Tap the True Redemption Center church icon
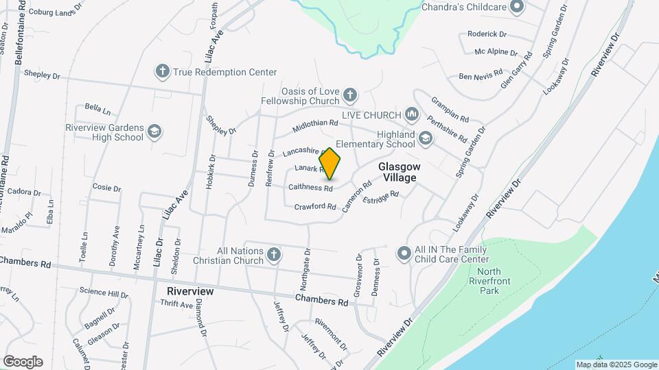tap(163, 71)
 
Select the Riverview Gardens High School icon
tap(155, 132)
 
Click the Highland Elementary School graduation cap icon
tap(426, 140)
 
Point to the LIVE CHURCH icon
tap(412, 113)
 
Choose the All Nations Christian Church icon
tap(273, 256)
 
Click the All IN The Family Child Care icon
tap(404, 254)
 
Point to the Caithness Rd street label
tap(310, 187)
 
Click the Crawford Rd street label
tap(315, 207)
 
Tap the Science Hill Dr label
tap(103, 294)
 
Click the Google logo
tap(23, 362)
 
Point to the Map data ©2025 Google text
tap(616, 365)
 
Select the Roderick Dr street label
tap(487, 34)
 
